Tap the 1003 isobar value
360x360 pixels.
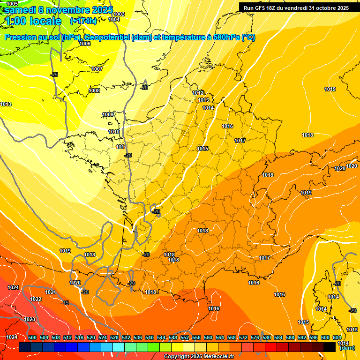(119, 15)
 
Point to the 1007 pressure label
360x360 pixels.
(97, 69)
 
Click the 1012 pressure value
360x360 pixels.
(198, 93)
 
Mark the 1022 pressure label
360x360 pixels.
(36, 299)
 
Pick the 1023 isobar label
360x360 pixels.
(30, 319)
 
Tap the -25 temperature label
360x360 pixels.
(54, 75)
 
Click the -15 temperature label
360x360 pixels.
(65, 303)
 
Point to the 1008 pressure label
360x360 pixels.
(94, 90)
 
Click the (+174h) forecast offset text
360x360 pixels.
(83, 21)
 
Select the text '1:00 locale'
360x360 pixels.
(32, 21)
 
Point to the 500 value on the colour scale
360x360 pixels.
(32, 337)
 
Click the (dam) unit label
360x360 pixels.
(346, 348)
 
